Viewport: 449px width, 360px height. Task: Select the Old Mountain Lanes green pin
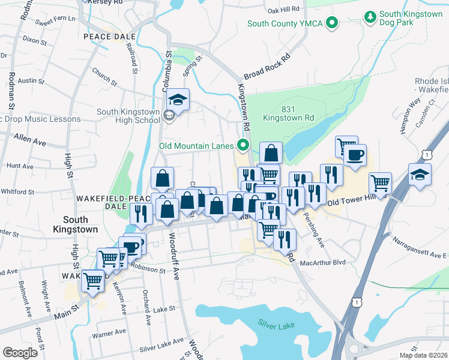243,145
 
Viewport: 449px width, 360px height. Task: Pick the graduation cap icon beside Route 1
420,175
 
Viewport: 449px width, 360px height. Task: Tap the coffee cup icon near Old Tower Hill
354,155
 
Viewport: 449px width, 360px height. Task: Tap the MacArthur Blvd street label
324,262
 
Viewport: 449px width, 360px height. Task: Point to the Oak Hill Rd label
283,10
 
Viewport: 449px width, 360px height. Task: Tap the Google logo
20,352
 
